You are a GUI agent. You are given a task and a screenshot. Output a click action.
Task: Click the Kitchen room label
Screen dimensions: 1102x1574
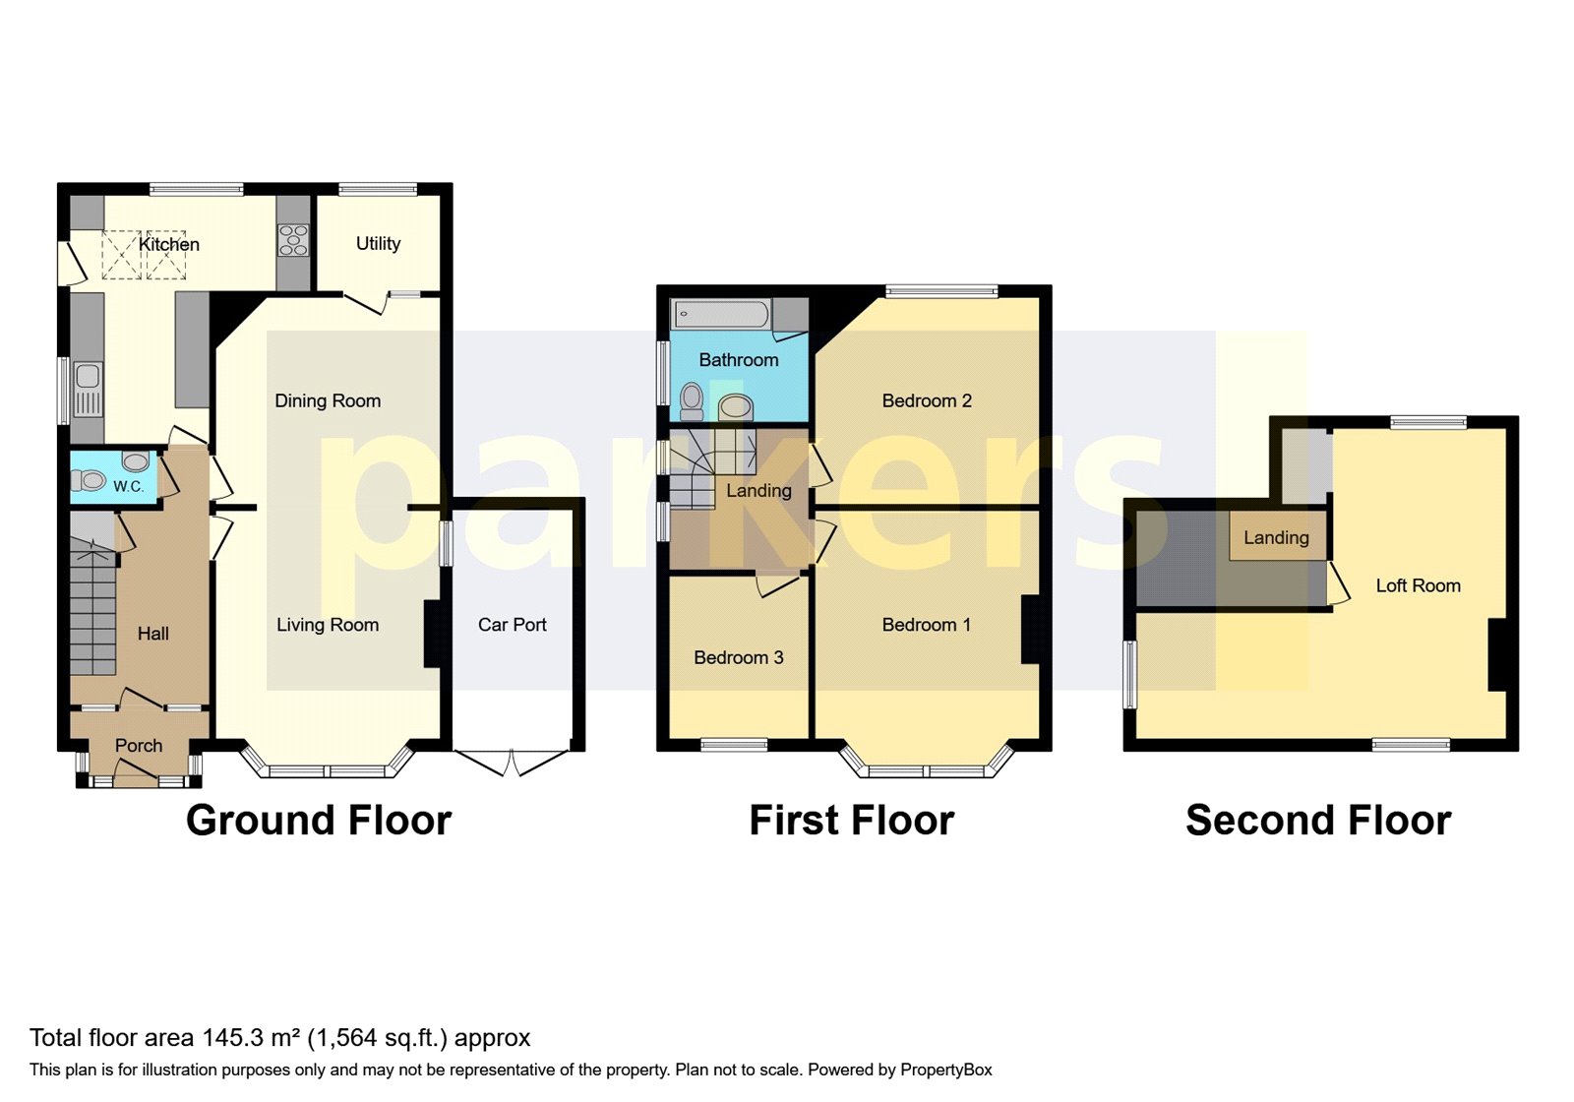tap(168, 244)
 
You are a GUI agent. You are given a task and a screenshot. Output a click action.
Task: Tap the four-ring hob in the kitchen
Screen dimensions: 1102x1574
tap(293, 240)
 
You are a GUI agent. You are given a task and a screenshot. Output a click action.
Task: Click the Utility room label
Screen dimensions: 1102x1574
tap(378, 243)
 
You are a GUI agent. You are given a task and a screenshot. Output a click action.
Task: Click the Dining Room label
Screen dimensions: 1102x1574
tap(328, 400)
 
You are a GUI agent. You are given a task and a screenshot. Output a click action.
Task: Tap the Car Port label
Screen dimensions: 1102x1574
tap(512, 625)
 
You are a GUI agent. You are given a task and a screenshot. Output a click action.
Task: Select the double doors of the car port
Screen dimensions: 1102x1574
tap(512, 763)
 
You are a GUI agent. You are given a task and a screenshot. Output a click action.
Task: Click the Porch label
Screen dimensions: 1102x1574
tap(139, 746)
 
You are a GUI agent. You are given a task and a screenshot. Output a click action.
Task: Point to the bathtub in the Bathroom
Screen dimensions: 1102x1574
tap(720, 314)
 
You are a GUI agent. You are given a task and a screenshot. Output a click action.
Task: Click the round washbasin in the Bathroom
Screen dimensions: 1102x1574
tap(735, 405)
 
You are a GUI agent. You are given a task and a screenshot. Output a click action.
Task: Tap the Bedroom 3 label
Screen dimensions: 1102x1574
tap(738, 657)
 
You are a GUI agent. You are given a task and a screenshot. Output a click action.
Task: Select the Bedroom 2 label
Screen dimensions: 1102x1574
tap(927, 400)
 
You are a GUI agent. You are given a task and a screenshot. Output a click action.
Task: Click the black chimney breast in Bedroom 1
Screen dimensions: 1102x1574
tap(1030, 629)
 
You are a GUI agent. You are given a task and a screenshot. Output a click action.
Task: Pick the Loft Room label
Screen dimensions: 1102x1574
tap(1418, 585)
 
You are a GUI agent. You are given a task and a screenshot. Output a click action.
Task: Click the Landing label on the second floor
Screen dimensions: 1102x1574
tap(1276, 537)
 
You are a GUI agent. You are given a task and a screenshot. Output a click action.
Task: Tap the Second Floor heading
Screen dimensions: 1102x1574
tap(1318, 820)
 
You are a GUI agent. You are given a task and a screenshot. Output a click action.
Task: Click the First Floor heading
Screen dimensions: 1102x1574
tap(852, 820)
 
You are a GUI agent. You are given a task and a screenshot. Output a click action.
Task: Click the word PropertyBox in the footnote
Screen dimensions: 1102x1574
tap(945, 1070)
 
